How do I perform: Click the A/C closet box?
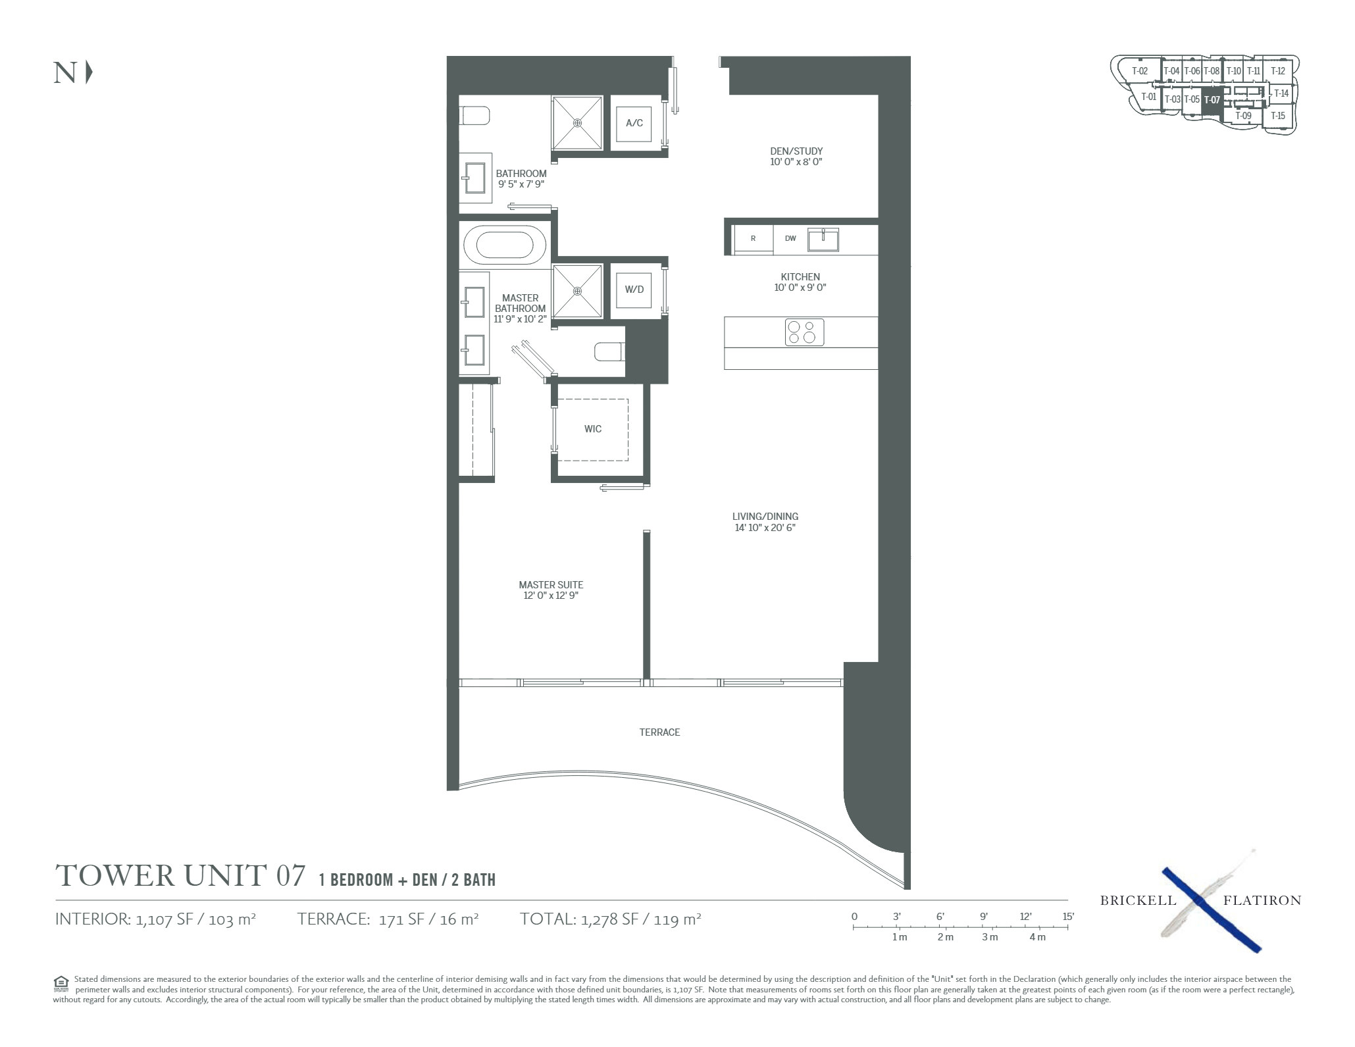pos(634,122)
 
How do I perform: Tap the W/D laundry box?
pos(634,290)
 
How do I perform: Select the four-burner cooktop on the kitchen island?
pos(804,332)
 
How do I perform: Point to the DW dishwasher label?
pos(790,238)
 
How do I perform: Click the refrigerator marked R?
pos(753,239)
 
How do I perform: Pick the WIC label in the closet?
pos(593,429)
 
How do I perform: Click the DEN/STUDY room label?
pos(796,151)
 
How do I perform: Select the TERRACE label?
pos(659,732)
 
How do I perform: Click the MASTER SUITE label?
pos(551,584)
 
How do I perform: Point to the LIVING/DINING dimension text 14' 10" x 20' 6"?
pos(765,528)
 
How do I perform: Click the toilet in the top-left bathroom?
pos(474,116)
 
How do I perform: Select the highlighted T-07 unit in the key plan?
pos(1212,100)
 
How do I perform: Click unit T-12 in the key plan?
pos(1277,71)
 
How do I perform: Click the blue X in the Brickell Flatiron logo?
pos(1211,909)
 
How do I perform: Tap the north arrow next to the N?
pos(89,72)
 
